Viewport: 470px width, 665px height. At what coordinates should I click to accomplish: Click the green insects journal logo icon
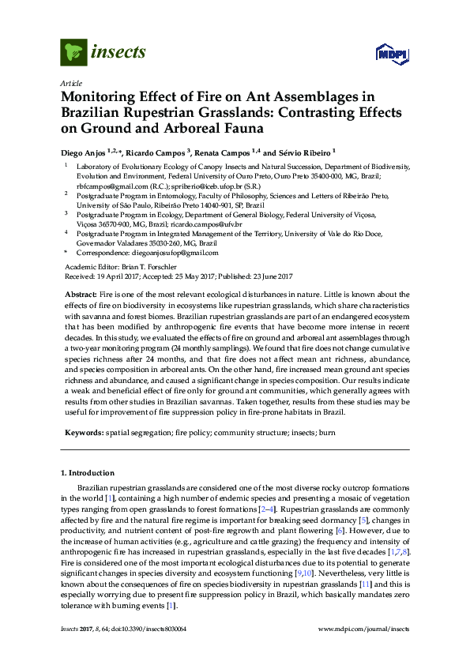click(x=73, y=53)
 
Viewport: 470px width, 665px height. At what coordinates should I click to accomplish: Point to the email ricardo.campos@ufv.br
click(x=202, y=224)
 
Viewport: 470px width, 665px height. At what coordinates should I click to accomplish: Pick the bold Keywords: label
click(x=83, y=434)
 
